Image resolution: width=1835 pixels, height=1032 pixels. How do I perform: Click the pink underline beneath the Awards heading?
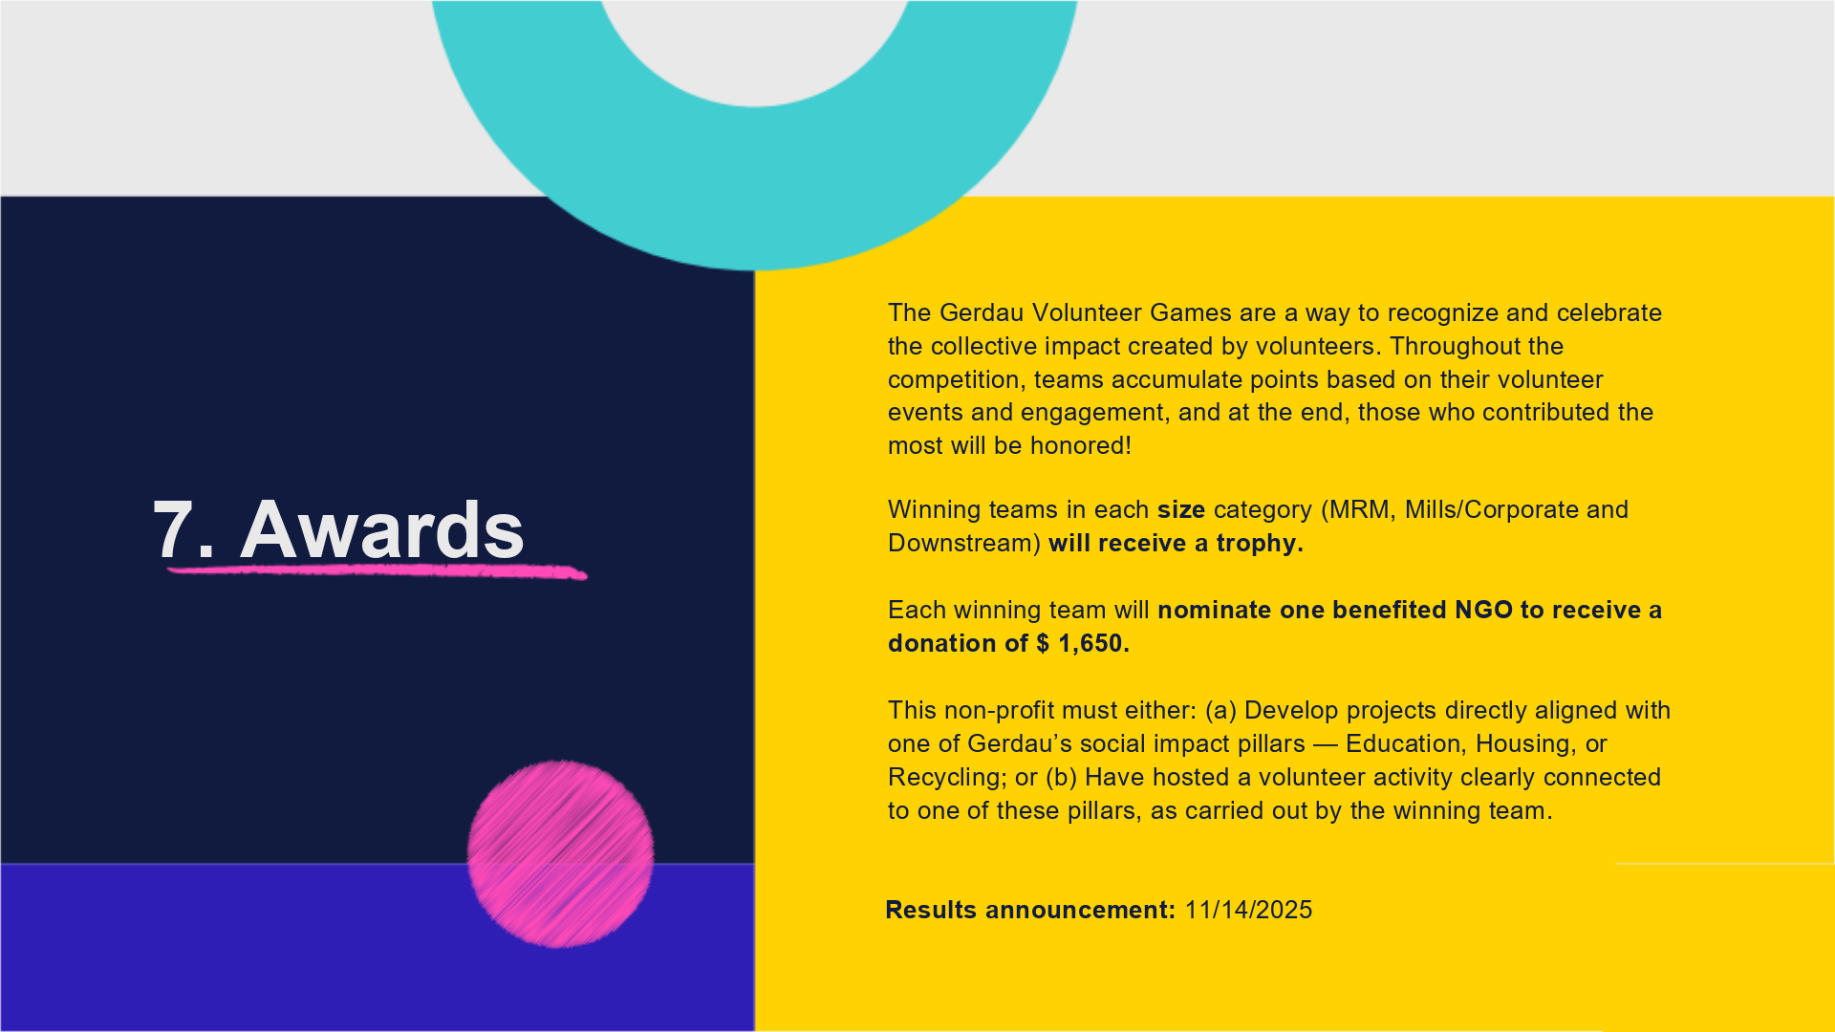click(377, 571)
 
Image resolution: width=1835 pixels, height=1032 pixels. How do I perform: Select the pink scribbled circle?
click(560, 853)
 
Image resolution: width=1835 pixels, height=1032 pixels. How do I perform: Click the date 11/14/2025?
click(1248, 910)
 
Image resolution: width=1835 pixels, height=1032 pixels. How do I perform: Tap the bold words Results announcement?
click(1030, 910)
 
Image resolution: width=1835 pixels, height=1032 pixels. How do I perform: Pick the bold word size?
click(1181, 509)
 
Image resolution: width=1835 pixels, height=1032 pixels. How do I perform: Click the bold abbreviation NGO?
click(1483, 610)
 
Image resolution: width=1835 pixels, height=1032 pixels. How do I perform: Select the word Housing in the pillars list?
click(1526, 743)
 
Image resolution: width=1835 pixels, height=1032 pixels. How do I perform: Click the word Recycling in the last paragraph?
click(947, 777)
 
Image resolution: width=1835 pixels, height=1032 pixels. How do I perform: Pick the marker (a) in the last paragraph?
click(1220, 710)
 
